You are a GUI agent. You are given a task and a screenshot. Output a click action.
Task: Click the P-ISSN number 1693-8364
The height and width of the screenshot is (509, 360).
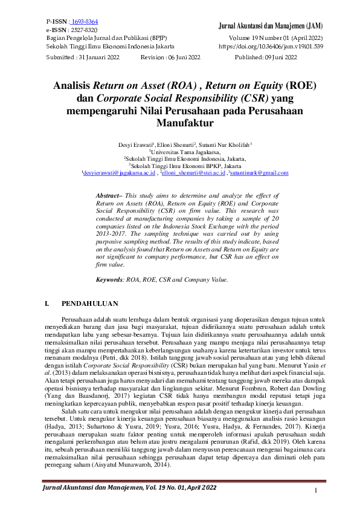(85, 22)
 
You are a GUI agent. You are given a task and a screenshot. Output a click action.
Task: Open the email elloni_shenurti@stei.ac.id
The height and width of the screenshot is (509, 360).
(193, 173)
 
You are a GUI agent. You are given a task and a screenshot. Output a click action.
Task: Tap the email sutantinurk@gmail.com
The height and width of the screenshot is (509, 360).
(259, 173)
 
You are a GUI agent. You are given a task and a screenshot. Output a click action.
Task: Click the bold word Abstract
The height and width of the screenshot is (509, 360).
(109, 197)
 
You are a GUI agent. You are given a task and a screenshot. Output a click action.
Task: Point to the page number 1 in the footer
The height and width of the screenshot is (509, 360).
(316, 490)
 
